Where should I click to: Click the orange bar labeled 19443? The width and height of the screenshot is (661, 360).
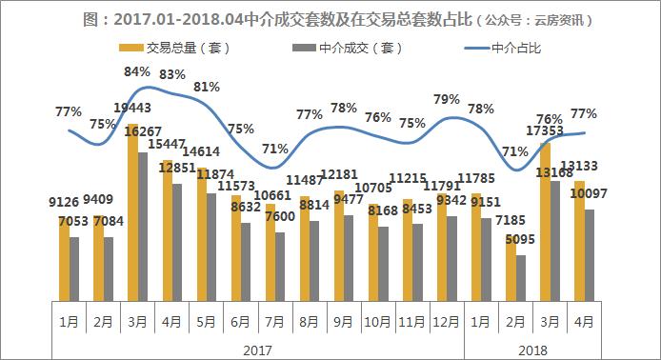[x=132, y=210]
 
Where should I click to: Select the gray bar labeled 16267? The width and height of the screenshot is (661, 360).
[x=143, y=225]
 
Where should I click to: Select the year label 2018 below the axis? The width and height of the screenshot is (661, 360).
[x=532, y=350]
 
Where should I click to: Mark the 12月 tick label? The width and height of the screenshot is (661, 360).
[x=447, y=322]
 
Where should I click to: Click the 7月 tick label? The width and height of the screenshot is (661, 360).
[x=274, y=322]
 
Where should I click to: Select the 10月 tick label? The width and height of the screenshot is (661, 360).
[x=377, y=322]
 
